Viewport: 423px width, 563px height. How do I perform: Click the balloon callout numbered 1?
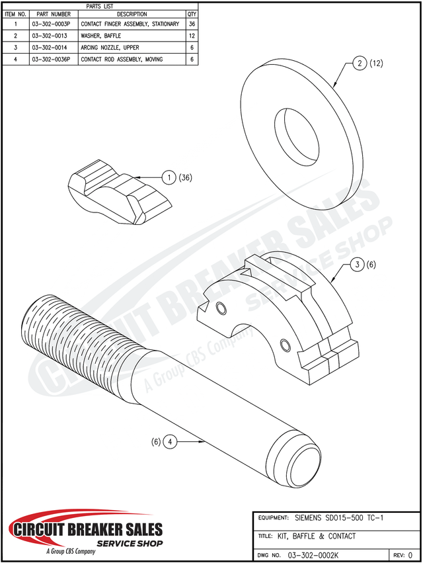coord(169,177)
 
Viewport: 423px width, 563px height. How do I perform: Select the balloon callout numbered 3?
coord(356,265)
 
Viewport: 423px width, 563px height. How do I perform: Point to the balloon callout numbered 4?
coord(169,441)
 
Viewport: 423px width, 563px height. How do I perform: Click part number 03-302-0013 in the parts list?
coord(50,36)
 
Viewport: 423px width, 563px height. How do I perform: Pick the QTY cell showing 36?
coord(192,24)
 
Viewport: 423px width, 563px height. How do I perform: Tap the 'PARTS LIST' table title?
coord(100,6)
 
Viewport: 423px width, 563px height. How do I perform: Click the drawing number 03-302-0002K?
coord(313,554)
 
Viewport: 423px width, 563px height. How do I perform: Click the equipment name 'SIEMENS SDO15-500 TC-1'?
coord(338,517)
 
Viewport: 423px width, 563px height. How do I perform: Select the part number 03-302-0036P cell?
coord(50,60)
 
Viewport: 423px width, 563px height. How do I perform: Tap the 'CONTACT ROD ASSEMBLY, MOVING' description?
coord(122,60)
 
